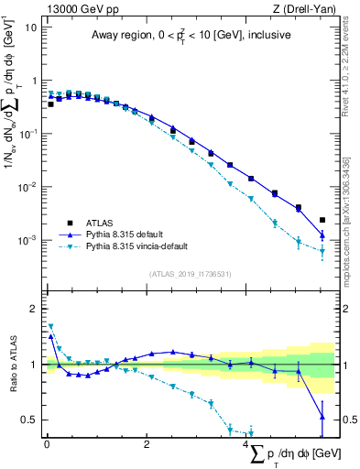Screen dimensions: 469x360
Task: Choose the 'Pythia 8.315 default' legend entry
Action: pyautogui.click(x=134, y=235)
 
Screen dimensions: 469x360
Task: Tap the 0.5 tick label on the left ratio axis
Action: pyautogui.click(x=29, y=420)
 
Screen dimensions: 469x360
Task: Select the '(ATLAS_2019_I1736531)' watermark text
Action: pyautogui.click(x=190, y=274)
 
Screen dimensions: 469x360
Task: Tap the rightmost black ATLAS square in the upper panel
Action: pyautogui.click(x=322, y=220)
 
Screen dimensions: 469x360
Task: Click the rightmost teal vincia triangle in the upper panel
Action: pyautogui.click(x=322, y=252)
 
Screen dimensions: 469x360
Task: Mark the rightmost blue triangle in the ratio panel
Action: pyautogui.click(x=322, y=417)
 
